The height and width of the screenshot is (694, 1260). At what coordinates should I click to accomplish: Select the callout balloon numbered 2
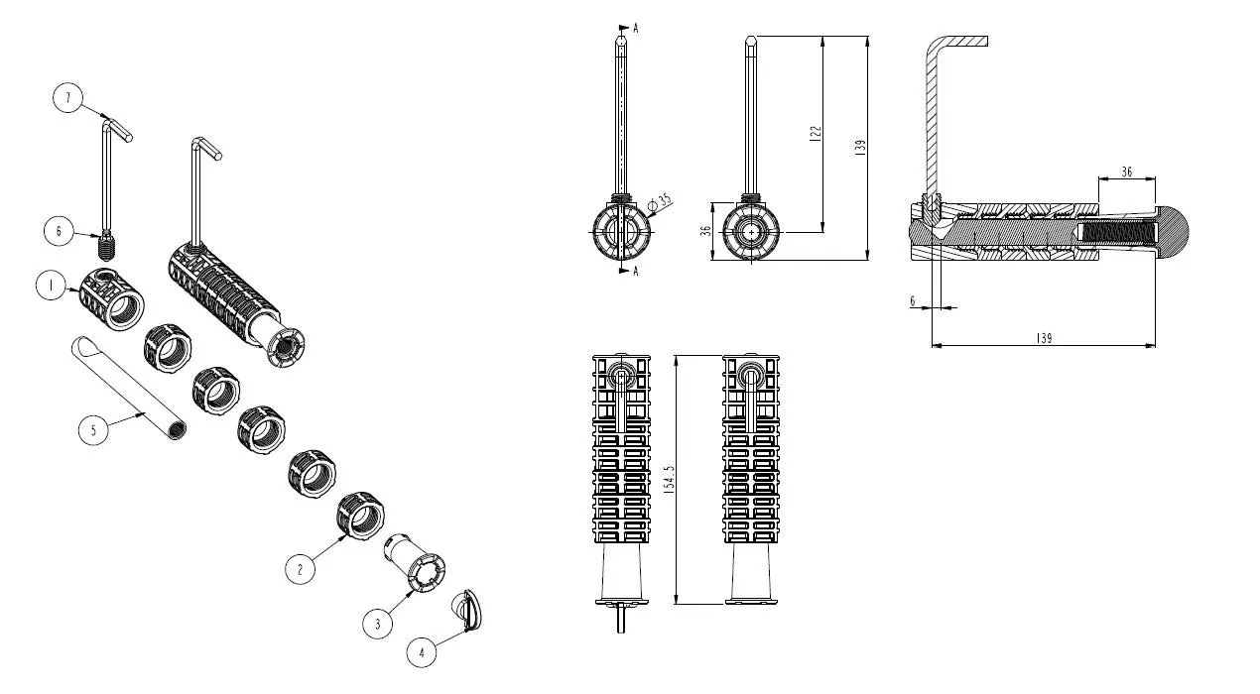[300, 568]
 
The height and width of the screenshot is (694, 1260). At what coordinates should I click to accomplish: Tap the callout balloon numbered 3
[377, 624]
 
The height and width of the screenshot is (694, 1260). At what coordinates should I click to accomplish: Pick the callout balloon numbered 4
[422, 652]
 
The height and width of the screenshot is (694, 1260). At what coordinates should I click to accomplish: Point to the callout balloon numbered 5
[93, 430]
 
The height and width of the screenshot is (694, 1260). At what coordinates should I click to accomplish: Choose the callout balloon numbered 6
[59, 231]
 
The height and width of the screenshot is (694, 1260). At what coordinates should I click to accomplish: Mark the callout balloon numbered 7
[67, 98]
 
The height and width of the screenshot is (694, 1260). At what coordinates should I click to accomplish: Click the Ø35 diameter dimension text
[659, 200]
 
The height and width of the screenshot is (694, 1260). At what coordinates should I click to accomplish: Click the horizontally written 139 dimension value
[1043, 338]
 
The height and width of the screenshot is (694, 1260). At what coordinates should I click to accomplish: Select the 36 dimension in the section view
[1126, 171]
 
